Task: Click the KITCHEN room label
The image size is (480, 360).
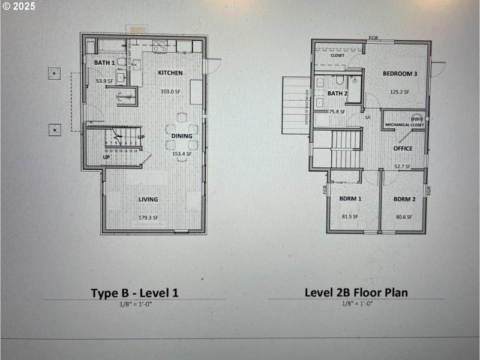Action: point(170,73)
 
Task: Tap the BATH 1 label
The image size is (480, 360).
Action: point(104,62)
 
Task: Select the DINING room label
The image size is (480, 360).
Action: point(182,136)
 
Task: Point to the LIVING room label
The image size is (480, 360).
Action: point(148,200)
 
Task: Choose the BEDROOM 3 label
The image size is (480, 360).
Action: point(400,74)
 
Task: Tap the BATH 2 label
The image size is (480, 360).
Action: point(337,94)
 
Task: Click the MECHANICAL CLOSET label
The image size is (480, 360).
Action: point(403,125)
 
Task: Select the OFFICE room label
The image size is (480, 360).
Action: point(403,148)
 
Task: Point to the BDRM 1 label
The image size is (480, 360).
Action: point(350,199)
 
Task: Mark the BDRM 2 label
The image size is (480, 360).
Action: point(404,199)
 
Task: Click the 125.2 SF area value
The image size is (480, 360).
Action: point(399,92)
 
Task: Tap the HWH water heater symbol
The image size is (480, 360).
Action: point(417,118)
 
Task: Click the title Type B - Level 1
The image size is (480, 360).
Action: point(134,293)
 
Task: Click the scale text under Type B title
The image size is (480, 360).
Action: point(134,304)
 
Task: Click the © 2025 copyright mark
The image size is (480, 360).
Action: point(19,6)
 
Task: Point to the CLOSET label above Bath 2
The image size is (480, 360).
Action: point(337,55)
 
